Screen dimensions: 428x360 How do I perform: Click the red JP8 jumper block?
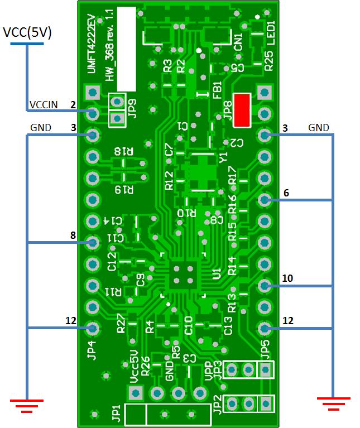tap(242, 110)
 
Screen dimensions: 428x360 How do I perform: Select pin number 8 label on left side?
tap(73, 235)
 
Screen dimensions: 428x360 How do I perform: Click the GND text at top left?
tap(40, 128)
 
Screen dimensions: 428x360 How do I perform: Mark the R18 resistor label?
tap(124, 151)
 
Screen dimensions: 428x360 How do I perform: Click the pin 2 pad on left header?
tap(92, 113)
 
